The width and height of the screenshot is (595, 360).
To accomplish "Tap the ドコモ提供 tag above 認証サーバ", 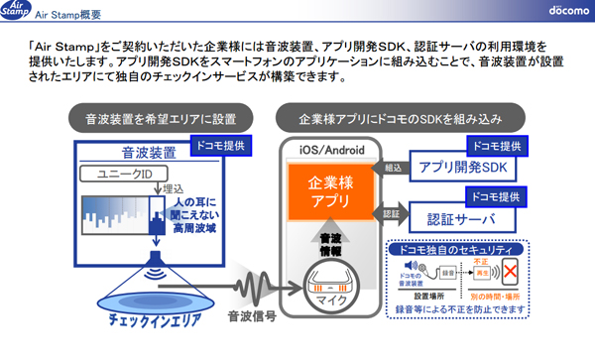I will pyautogui.click(x=496, y=194).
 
